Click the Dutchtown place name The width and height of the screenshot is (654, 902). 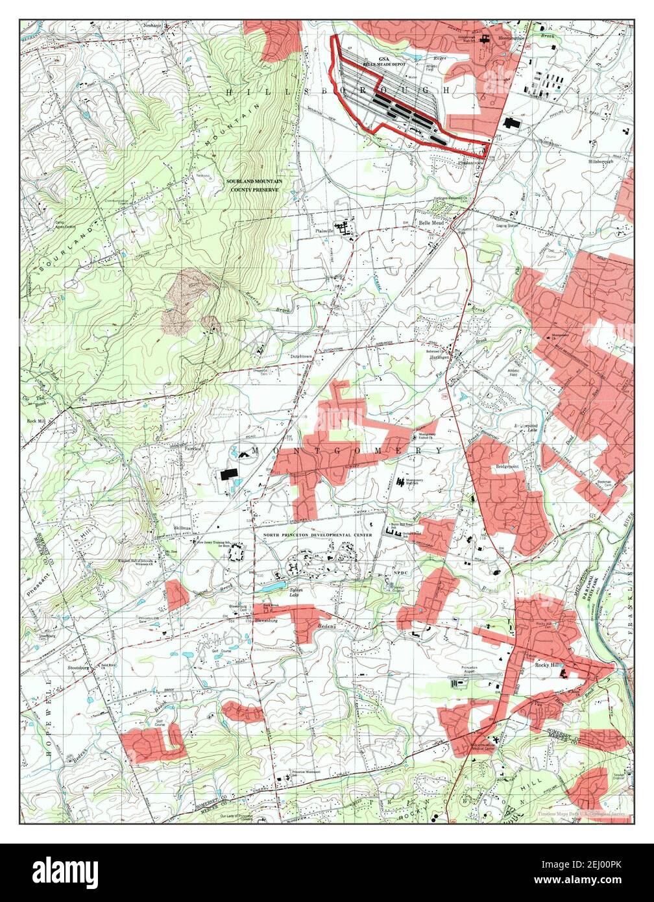coord(302,356)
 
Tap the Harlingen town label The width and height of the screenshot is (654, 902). coord(440,357)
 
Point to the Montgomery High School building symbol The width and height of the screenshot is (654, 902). coord(401,481)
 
